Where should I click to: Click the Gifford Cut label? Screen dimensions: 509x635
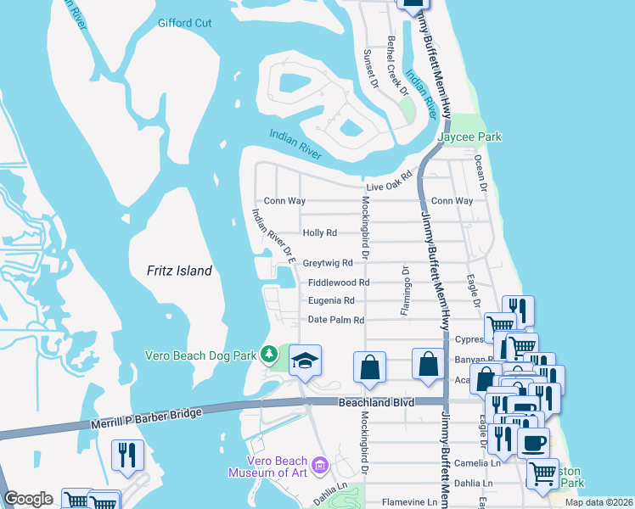[184, 23]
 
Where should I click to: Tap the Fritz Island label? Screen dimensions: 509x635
[172, 271]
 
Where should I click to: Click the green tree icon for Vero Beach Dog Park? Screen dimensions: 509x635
[269, 353]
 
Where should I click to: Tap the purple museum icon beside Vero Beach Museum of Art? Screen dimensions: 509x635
[319, 464]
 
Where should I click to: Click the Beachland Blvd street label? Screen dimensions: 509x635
[375, 402]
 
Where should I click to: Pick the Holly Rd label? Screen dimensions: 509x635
[319, 232]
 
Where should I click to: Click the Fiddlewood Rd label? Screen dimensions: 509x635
[339, 282]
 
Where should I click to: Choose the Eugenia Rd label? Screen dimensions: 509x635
[331, 300]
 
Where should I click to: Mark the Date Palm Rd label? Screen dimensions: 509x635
[335, 320]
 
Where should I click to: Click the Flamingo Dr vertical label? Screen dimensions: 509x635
[406, 291]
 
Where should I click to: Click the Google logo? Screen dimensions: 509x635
[28, 499]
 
